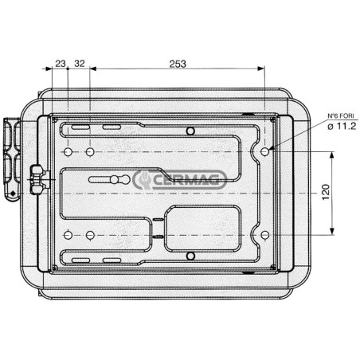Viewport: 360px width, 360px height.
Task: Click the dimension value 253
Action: [178, 64]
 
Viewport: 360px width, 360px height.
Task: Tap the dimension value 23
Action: [61, 64]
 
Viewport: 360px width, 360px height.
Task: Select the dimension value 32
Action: [80, 64]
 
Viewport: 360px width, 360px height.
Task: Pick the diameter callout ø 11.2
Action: [342, 126]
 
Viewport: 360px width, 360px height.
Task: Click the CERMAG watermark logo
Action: [180, 180]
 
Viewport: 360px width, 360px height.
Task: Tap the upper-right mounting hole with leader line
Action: [264, 151]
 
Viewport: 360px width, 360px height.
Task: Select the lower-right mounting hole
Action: [264, 235]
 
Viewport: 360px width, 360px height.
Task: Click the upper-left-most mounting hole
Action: [68, 152]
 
